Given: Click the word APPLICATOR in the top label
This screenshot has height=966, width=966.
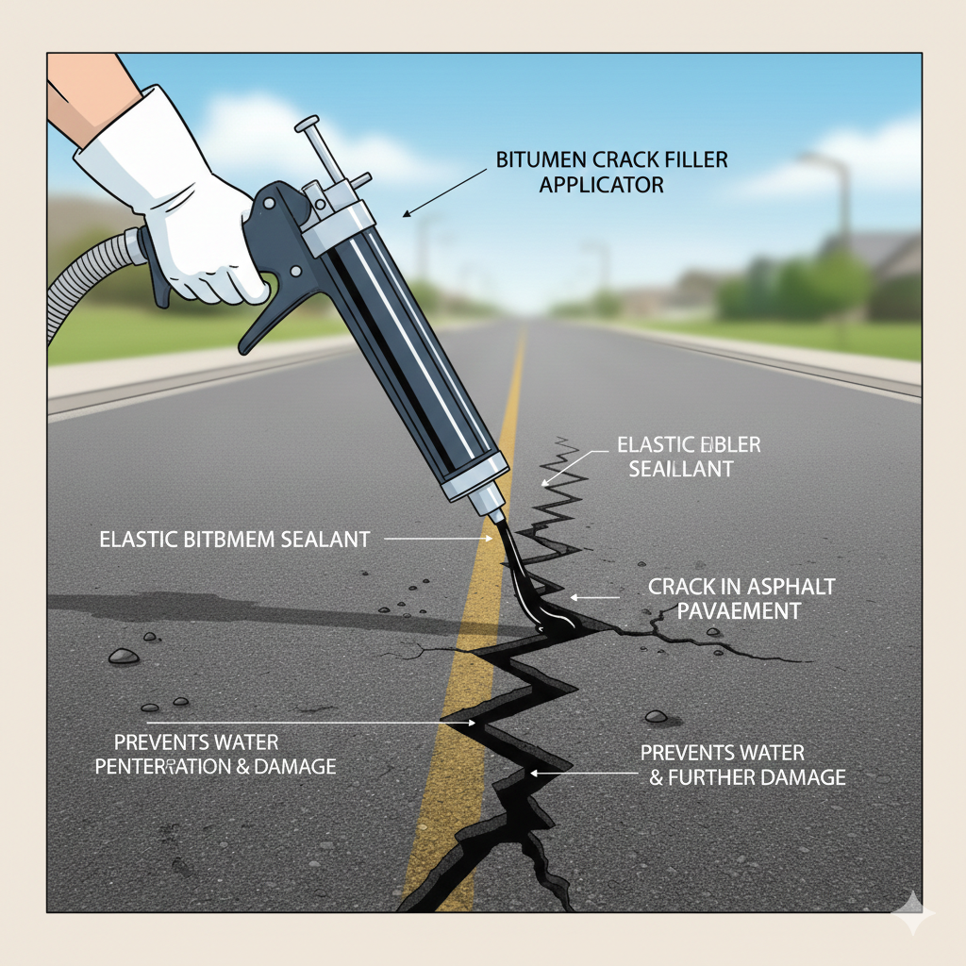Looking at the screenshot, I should (x=601, y=184).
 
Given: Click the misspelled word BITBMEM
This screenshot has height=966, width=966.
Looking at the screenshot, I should (x=224, y=541).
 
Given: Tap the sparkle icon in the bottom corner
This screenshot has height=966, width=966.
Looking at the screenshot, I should (x=913, y=913).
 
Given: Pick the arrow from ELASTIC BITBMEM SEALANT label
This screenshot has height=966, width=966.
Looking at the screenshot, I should (x=434, y=540).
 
